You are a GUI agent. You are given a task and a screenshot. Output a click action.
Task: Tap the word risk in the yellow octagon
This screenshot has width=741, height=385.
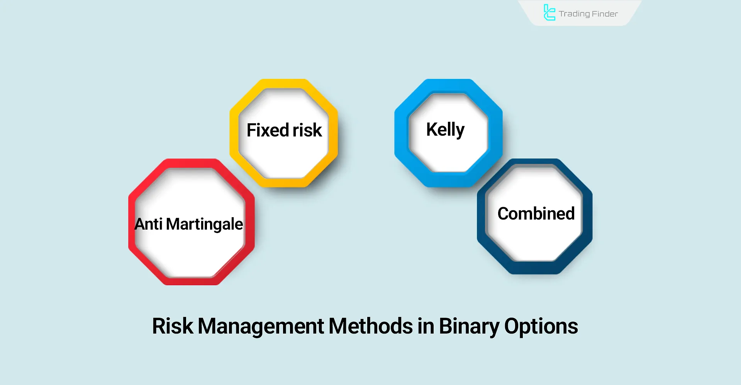pyautogui.click(x=307, y=130)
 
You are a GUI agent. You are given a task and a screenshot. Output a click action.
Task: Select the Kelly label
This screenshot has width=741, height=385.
pyautogui.click(x=445, y=129)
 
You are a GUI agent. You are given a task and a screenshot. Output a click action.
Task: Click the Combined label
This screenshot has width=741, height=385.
pyautogui.click(x=536, y=214)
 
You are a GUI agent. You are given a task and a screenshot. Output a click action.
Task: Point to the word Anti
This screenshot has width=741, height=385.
pyautogui.click(x=148, y=224)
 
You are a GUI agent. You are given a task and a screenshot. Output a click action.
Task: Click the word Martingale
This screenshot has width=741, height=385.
pyautogui.click(x=204, y=224)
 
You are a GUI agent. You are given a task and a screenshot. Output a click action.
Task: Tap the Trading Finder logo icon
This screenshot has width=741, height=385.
pyautogui.click(x=549, y=12)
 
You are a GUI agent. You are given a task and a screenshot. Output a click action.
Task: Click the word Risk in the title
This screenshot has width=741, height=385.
pyautogui.click(x=172, y=326)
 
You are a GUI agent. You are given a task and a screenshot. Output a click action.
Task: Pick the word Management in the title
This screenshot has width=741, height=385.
pyautogui.click(x=261, y=326)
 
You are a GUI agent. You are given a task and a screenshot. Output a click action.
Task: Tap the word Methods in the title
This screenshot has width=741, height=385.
pyautogui.click(x=371, y=326)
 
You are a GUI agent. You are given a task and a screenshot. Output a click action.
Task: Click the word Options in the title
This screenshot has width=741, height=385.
pyautogui.click(x=541, y=327)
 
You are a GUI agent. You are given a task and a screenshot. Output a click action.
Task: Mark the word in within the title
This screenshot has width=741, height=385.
pyautogui.click(x=426, y=326)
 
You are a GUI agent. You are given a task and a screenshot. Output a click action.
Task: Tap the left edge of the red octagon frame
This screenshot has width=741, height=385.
pyautogui.click(x=132, y=222)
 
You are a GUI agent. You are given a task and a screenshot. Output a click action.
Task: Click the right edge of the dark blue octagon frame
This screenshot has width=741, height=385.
pyautogui.click(x=587, y=216)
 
